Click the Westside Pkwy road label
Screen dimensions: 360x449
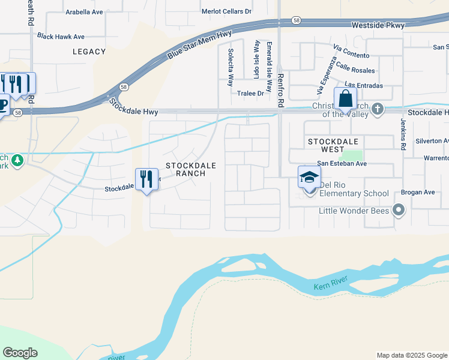[378, 25]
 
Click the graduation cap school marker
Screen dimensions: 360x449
[309, 177]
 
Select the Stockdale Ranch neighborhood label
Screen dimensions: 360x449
[185, 169]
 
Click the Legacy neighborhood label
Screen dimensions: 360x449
[89, 52]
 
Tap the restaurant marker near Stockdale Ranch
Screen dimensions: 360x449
[146, 179]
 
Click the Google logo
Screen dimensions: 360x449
[20, 353]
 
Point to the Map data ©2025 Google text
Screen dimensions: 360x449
[411, 355]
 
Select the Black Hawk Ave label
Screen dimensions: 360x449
[61, 37]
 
